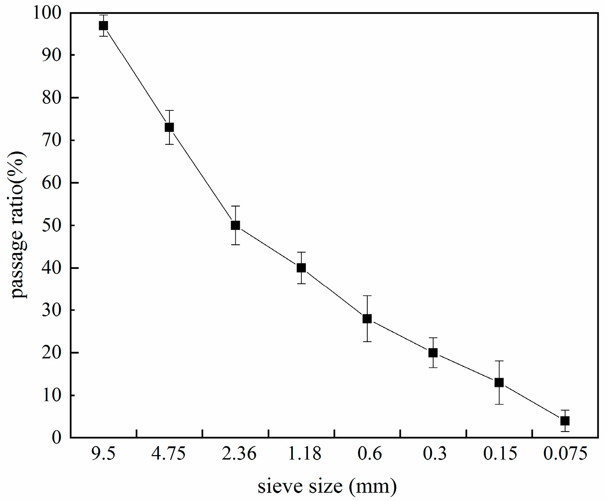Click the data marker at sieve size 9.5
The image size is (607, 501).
(103, 26)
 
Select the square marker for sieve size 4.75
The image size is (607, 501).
(169, 127)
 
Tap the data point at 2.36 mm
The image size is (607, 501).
(235, 225)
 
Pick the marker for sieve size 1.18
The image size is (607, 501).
(301, 268)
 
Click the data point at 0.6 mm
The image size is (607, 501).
(367, 319)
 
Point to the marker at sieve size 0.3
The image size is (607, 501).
(433, 353)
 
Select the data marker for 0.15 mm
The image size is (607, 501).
(499, 382)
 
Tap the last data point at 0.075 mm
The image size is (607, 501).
(565, 421)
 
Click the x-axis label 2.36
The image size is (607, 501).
(239, 454)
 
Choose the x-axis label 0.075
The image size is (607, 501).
(565, 454)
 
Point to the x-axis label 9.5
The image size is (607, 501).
(103, 454)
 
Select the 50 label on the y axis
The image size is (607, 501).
(52, 226)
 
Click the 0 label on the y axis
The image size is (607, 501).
(57, 437)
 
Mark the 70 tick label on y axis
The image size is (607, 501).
(52, 141)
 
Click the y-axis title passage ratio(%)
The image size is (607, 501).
(19, 225)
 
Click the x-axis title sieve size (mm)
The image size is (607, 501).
(327, 486)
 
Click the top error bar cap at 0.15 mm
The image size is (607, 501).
(499, 361)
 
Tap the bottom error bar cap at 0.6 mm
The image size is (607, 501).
(367, 341)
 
